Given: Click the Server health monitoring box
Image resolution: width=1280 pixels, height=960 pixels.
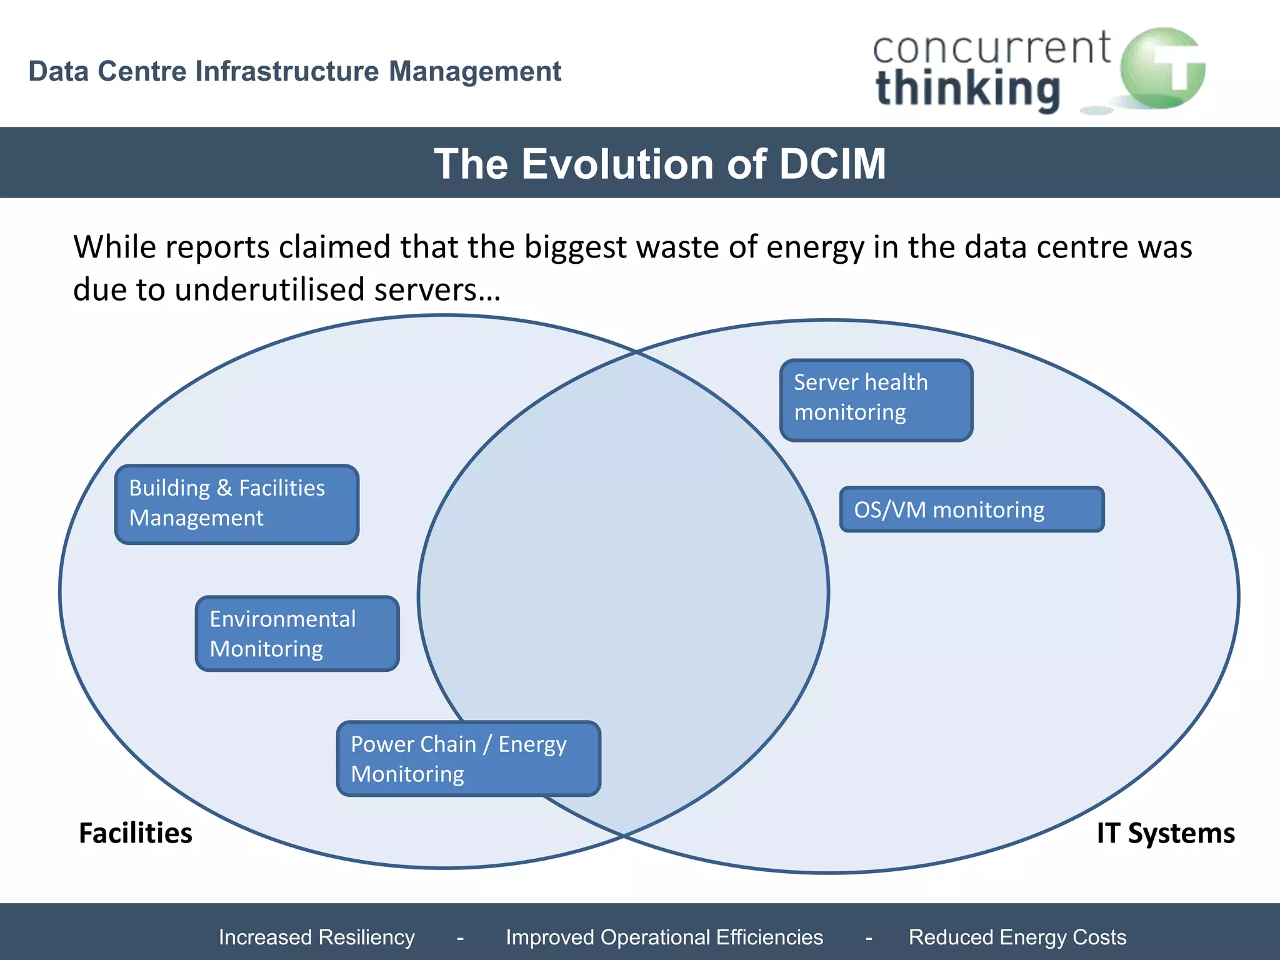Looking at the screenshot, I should coord(876,400).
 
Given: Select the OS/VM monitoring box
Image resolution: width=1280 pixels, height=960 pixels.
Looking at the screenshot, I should coord(971,509).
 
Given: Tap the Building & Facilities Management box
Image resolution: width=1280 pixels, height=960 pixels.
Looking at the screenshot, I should coord(237,504).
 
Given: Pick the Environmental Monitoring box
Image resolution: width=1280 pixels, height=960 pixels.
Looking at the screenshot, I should coord(297,633).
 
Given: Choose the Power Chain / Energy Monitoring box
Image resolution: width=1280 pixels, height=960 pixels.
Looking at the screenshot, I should coord(468,758).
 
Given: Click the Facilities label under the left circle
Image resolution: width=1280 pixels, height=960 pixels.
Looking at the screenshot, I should coord(136,833).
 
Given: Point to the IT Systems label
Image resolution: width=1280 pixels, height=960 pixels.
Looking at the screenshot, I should coord(1165,833).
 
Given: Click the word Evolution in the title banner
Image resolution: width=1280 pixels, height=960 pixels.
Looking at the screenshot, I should coord(618,164).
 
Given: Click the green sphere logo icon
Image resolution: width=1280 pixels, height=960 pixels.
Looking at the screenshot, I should coord(1162,69).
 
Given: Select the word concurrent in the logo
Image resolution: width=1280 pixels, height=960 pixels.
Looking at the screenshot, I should coord(991,48).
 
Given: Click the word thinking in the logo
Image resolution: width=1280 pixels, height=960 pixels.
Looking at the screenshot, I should coord(968,89).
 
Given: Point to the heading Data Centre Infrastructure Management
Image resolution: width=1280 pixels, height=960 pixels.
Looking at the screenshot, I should coord(295,71).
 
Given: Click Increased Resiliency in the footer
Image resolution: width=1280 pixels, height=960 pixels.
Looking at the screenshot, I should coord(316,937).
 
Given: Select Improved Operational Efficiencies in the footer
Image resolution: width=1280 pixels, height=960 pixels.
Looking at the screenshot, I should coord(664,937).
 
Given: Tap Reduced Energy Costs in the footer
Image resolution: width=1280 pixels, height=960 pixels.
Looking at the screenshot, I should coord(1017,937).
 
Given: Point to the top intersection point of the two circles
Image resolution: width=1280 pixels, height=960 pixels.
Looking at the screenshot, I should coord(636,352).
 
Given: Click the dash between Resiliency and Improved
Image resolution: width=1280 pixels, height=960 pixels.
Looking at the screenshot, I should coord(460,937).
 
